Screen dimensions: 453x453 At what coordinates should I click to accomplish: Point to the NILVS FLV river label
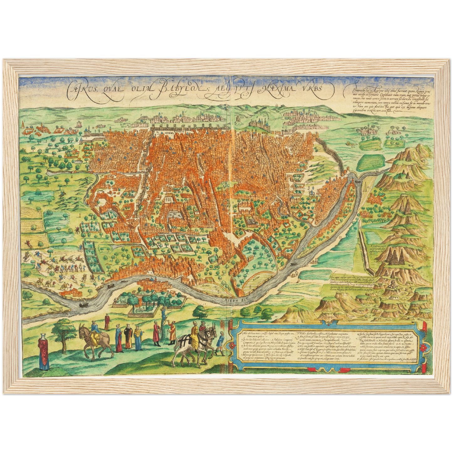(x=235, y=299)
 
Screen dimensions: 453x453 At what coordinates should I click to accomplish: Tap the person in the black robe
(x=128, y=337)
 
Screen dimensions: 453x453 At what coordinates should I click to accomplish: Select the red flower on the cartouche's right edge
(x=422, y=348)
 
